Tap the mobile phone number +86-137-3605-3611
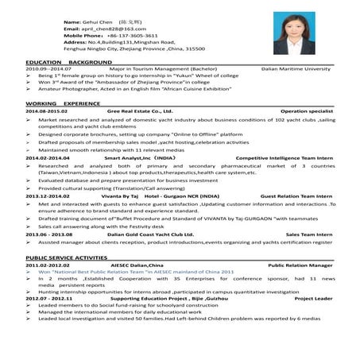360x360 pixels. click(123, 35)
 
